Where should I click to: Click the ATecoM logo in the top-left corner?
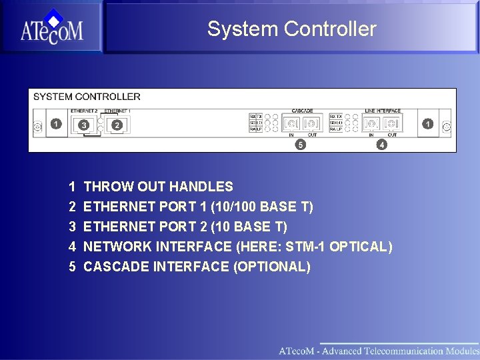tap(51, 27)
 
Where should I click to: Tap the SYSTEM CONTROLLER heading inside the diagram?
tap(87, 97)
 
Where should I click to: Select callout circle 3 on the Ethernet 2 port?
tap(83, 125)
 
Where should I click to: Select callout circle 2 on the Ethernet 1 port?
tap(117, 125)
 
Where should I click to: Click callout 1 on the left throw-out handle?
tap(56, 124)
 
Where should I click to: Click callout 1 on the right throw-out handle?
tap(427, 124)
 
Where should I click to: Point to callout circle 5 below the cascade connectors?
tap(301, 144)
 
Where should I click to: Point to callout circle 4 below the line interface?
tap(381, 144)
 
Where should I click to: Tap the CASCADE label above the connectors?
tap(302, 111)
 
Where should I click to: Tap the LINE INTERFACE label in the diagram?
tap(383, 111)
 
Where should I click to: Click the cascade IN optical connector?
tap(291, 124)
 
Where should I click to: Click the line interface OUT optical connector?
tap(392, 124)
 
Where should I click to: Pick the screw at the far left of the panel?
tap(37, 125)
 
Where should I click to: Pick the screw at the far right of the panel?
tap(447, 125)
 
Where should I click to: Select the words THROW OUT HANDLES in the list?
tap(159, 187)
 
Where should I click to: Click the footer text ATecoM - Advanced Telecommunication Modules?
tap(378, 351)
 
